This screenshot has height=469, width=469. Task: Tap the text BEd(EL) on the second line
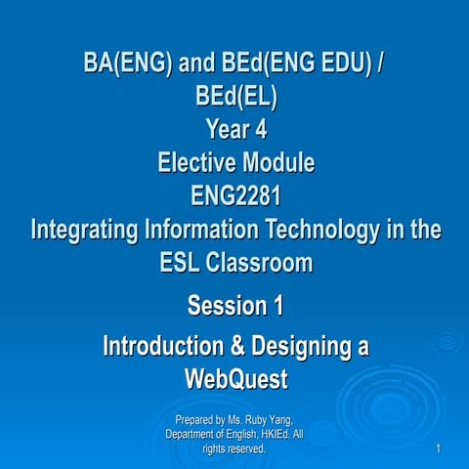coord(234,99)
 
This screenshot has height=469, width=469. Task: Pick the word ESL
coord(183,263)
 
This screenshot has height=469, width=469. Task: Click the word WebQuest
coord(234,377)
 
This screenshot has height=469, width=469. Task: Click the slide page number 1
coord(443,448)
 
